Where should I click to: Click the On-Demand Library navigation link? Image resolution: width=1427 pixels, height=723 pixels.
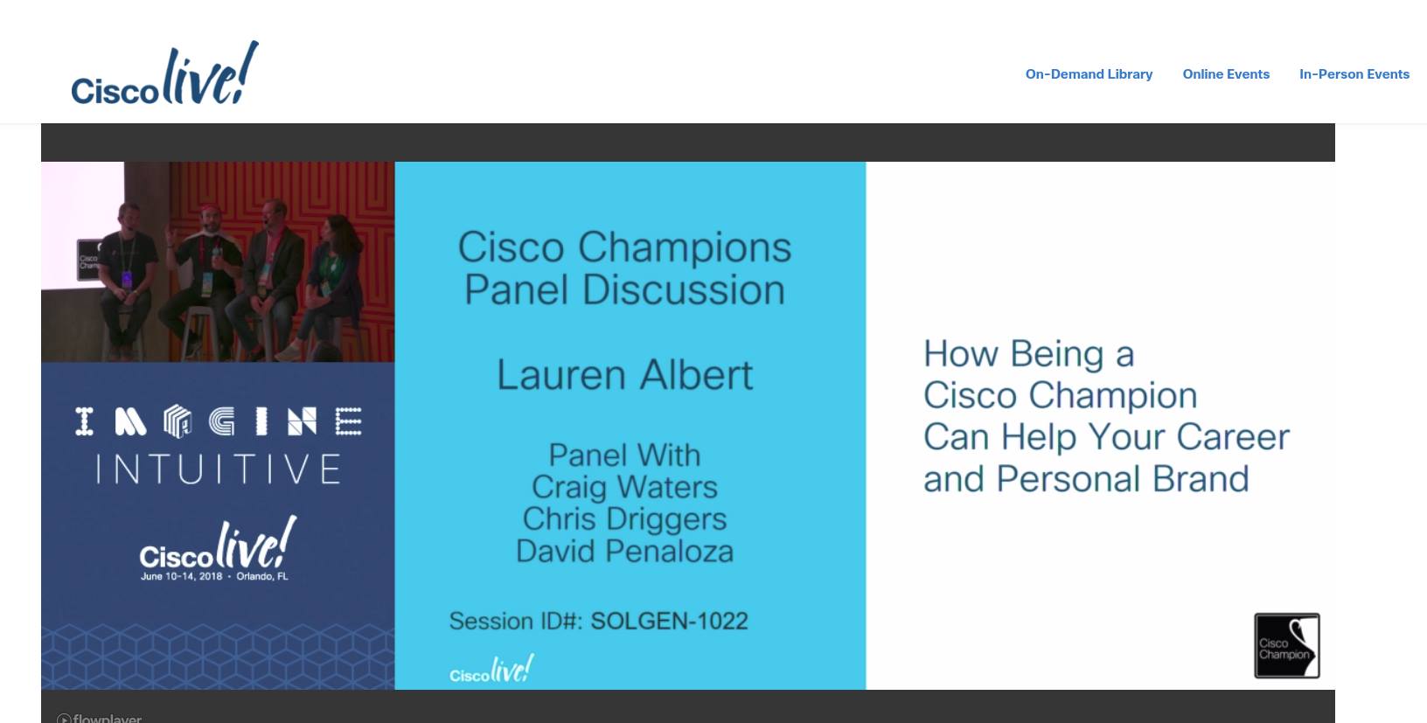(x=1089, y=74)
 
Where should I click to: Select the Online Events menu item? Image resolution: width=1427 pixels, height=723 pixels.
(x=1226, y=74)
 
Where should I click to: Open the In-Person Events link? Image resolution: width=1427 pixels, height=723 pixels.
(x=1354, y=74)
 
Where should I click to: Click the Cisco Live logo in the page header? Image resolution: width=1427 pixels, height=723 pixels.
(x=165, y=73)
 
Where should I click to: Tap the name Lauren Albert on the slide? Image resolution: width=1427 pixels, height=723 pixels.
(x=624, y=374)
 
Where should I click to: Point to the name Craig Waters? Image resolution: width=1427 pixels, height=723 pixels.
(x=624, y=487)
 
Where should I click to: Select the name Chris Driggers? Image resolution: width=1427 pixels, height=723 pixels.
(x=624, y=519)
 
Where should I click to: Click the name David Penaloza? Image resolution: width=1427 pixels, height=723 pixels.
(x=624, y=551)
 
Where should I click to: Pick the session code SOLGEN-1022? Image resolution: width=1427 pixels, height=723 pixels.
(x=669, y=621)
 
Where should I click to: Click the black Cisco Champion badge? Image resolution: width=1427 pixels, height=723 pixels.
(x=1287, y=645)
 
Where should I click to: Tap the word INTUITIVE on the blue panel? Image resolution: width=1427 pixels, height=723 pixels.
(x=218, y=469)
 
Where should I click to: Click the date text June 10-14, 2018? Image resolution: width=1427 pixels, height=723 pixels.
(x=182, y=576)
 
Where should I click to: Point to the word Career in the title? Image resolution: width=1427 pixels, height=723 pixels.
(x=1233, y=438)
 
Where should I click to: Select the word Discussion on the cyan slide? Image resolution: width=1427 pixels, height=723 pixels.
(x=683, y=290)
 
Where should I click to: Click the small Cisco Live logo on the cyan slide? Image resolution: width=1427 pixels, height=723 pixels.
(x=491, y=669)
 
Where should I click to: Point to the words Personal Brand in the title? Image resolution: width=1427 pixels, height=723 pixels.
(x=1123, y=479)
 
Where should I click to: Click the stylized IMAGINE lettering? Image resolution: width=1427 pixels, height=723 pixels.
(x=218, y=421)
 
